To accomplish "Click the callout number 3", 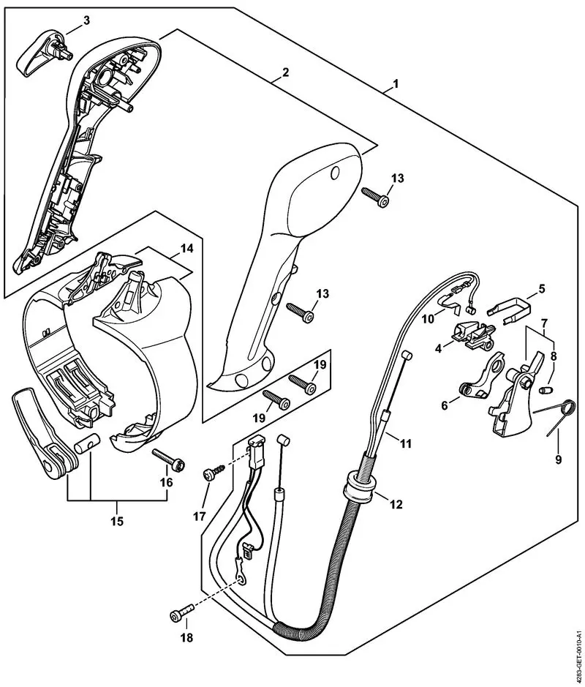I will click(86, 20).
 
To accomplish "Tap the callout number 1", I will click(395, 83).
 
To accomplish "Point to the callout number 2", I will click(285, 72).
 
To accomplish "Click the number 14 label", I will click(187, 249).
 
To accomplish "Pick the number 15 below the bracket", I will click(117, 522).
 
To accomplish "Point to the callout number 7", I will click(545, 323).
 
